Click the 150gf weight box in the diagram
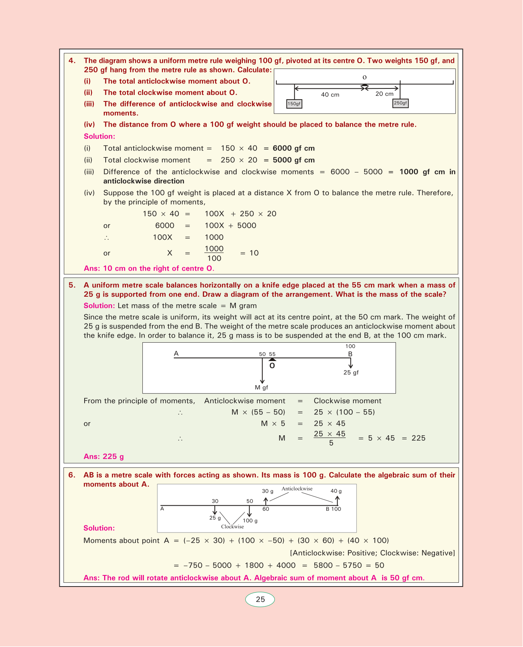coord(294,104)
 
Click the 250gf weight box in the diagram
coord(400,103)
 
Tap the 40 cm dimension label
coord(330,95)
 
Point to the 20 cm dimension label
coord(384,94)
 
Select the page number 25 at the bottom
coord(260,600)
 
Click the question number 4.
coord(72,60)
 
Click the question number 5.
coord(72,285)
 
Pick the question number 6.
coord(72,475)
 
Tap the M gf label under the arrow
coord(261,387)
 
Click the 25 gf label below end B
coord(351,373)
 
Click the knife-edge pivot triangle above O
coord(272,359)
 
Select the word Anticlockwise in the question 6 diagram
coord(297,489)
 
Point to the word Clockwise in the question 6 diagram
coord(232,526)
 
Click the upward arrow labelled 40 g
coord(337,500)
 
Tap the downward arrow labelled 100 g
coord(250,511)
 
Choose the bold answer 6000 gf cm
coord(294,148)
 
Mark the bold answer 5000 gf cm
coord(294,160)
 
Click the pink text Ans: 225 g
coord(104,456)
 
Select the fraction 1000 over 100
coord(214,253)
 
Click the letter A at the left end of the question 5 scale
coord(176,353)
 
